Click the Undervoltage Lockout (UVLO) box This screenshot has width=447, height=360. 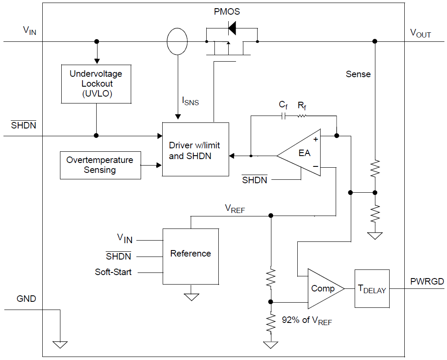[x=96, y=84]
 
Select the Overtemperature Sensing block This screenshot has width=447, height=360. [x=100, y=165]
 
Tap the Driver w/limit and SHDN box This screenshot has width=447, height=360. [x=195, y=149]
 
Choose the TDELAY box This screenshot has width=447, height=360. [x=371, y=288]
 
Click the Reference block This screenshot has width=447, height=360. [x=190, y=256]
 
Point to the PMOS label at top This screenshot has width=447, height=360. [x=227, y=12]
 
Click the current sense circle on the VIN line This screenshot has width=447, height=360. [x=177, y=42]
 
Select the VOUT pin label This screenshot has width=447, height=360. [x=420, y=33]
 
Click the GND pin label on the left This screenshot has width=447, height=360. [x=26, y=298]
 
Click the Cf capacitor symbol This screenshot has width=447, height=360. [x=283, y=116]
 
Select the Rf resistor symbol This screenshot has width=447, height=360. [x=302, y=116]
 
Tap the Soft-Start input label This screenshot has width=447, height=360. [x=113, y=272]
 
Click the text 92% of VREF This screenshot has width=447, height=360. [x=307, y=320]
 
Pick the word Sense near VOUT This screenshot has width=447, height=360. [x=358, y=74]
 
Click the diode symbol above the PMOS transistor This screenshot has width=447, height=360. [x=232, y=29]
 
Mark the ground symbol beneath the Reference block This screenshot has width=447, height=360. [x=191, y=297]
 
